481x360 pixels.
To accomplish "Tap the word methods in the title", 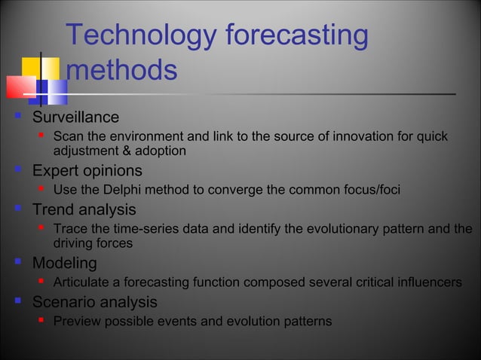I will pos(121,71).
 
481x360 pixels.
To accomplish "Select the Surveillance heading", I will pos(75,117).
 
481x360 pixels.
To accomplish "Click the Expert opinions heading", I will pos(87,171).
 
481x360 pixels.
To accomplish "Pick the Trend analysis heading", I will pos(84,209).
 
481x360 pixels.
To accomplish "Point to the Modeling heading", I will pos(64,264).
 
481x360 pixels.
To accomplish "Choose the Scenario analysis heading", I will pos(94,302).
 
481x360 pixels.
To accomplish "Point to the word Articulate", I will pos(82,282).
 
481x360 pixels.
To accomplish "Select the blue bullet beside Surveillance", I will pos(17,117).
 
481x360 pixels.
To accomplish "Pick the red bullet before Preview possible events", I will pos(42,321).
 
